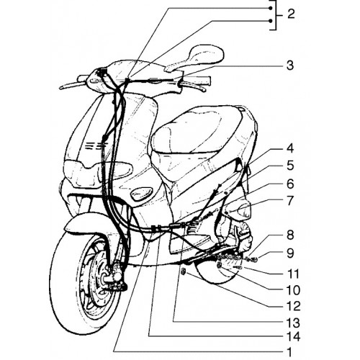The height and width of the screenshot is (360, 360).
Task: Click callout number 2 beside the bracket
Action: pyautogui.click(x=291, y=14)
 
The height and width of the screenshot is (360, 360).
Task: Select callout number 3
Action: pyautogui.click(x=290, y=65)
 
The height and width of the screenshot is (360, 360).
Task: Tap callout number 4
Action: pyautogui.click(x=290, y=148)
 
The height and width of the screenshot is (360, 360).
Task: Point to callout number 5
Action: pyautogui.click(x=290, y=166)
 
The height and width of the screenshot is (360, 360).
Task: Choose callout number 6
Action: pyautogui.click(x=290, y=184)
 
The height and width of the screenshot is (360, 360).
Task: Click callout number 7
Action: pyautogui.click(x=290, y=201)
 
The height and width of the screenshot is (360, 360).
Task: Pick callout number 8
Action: pyautogui.click(x=290, y=235)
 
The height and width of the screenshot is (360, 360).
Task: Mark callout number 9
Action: pyautogui.click(x=290, y=253)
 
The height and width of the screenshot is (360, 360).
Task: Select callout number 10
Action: pyautogui.click(x=293, y=290)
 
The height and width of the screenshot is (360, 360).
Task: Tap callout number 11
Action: pyautogui.click(x=293, y=274)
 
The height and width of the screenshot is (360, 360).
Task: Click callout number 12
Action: pyautogui.click(x=293, y=307)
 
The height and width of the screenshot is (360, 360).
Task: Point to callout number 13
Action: pyautogui.click(x=293, y=323)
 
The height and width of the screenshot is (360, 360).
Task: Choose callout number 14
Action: pyautogui.click(x=293, y=337)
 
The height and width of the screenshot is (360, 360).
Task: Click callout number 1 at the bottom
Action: pyautogui.click(x=290, y=352)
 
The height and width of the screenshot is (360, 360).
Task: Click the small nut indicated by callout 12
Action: pyautogui.click(x=184, y=271)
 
